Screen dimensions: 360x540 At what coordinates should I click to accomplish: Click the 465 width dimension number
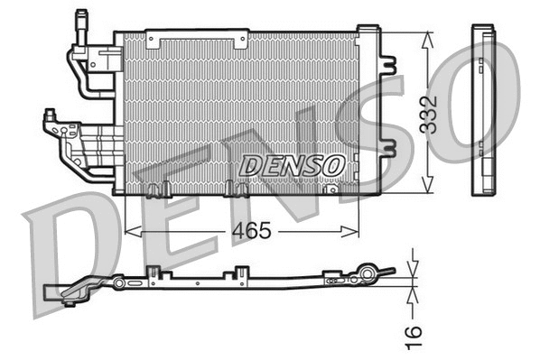coord(252,231)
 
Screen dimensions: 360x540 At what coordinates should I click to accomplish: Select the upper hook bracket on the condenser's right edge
coord(391,65)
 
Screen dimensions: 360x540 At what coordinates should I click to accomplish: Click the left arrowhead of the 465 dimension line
coord(127,232)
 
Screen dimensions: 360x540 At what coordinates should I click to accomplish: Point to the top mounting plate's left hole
coord(152,39)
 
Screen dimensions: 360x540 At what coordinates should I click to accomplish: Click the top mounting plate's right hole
coord(241,39)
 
